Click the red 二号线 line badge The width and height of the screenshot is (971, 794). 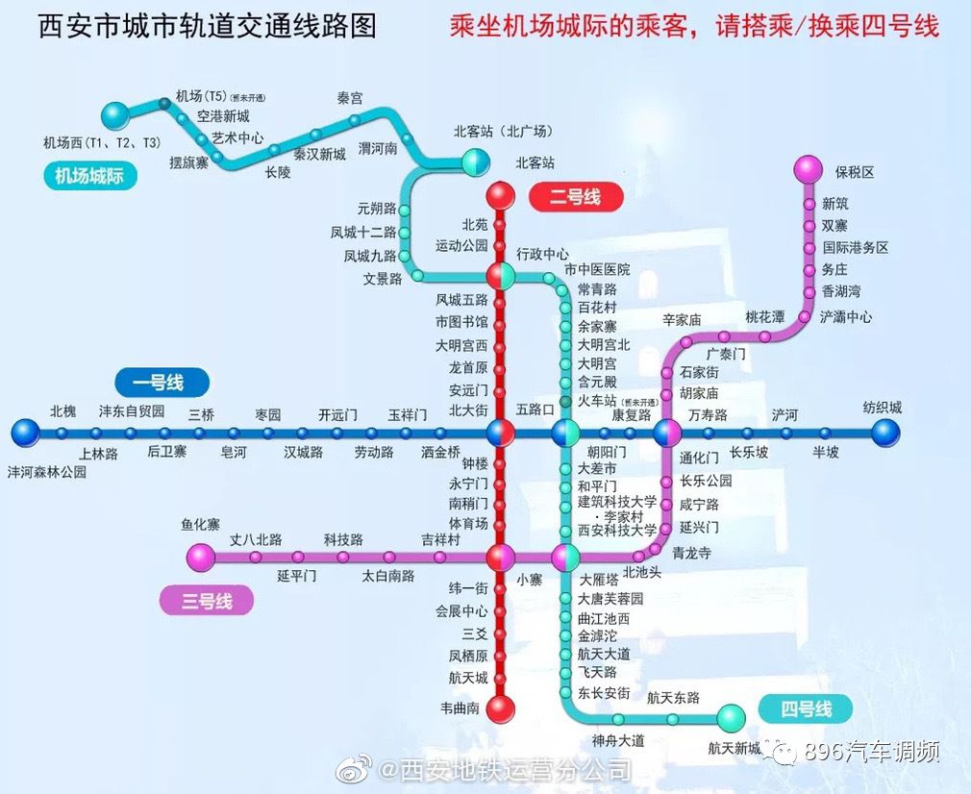[576, 198]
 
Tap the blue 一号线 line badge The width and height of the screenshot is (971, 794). [162, 382]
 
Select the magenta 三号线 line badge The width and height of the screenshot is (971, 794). [206, 602]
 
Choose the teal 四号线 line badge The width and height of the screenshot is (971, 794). [805, 709]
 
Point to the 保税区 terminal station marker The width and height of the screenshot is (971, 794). [809, 169]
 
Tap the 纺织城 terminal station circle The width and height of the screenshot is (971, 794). [885, 433]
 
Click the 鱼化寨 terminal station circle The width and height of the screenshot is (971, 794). [201, 557]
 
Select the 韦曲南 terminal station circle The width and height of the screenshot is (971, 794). [500, 709]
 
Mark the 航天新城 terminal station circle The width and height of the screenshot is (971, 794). [732, 717]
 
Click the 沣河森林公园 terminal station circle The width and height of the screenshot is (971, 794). [26, 433]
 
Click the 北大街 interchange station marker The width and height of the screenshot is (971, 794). [500, 433]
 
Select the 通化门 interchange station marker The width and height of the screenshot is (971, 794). [666, 433]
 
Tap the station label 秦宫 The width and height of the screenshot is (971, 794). [350, 99]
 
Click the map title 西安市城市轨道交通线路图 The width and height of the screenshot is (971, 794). [207, 26]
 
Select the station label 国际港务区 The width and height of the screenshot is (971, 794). [855, 247]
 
